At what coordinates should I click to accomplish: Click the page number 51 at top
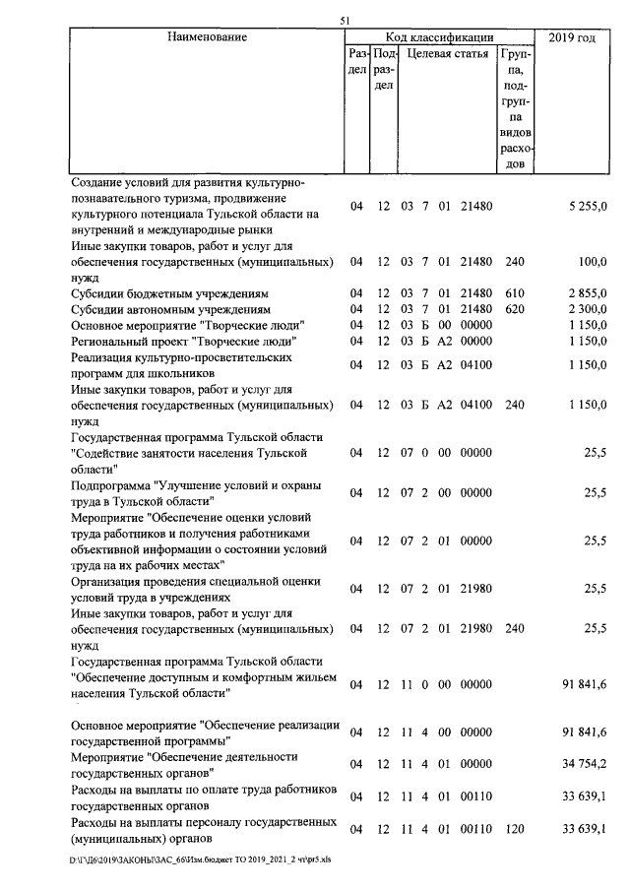(345, 20)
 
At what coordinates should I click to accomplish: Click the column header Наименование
(207, 37)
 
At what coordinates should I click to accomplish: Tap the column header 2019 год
(573, 37)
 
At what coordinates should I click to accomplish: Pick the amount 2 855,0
(588, 293)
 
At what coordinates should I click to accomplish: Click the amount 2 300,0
(588, 309)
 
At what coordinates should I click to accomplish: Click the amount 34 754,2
(585, 764)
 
